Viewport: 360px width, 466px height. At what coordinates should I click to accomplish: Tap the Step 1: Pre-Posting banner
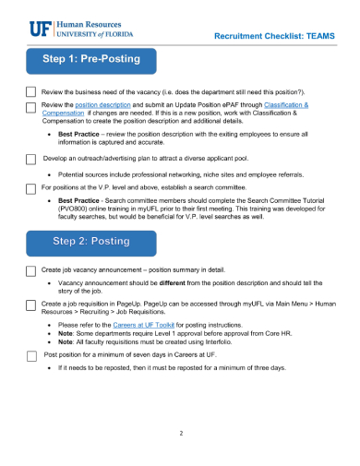[90, 60]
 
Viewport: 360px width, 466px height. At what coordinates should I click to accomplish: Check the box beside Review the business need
[30, 93]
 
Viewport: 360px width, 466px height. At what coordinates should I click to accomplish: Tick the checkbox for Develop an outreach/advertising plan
[30, 159]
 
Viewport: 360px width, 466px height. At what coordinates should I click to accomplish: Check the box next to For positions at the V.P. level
[30, 186]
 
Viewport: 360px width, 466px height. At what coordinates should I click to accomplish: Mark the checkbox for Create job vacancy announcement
[30, 269]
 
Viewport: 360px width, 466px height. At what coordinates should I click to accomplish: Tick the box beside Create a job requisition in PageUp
[30, 304]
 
